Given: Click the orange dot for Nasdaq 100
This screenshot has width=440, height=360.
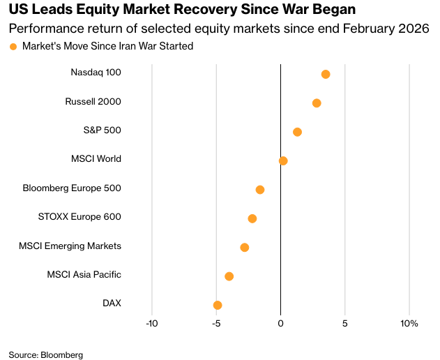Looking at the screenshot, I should point(326,74).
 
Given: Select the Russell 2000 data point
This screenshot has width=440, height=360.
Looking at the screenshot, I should point(317,103).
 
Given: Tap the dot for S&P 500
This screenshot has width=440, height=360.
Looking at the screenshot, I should point(298,132).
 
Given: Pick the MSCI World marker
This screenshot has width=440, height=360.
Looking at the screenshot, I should point(283,161).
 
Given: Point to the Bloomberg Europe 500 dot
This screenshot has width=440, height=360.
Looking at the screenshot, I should point(260,190).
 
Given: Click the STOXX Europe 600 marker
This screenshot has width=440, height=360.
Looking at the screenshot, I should point(252,218).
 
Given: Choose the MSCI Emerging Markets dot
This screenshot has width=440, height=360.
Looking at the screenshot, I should point(245,248).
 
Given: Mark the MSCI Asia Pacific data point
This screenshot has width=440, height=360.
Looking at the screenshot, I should point(229,276).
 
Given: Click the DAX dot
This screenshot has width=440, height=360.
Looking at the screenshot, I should point(218,305).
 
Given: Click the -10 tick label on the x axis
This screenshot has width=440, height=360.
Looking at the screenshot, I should point(152,324).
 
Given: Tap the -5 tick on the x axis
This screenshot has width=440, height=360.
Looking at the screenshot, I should point(216,324).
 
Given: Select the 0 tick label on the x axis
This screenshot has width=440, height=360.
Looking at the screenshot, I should point(280,324).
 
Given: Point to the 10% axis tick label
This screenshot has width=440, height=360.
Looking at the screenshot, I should point(409,324).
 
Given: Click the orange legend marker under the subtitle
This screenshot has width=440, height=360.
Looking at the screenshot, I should point(13,47).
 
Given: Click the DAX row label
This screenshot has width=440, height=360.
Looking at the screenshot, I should point(112,303).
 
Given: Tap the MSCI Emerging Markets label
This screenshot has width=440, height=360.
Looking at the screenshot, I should point(70,246).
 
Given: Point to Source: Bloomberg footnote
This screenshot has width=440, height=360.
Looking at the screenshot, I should point(46,354).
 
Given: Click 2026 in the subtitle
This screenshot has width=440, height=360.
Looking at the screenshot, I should point(415,29).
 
